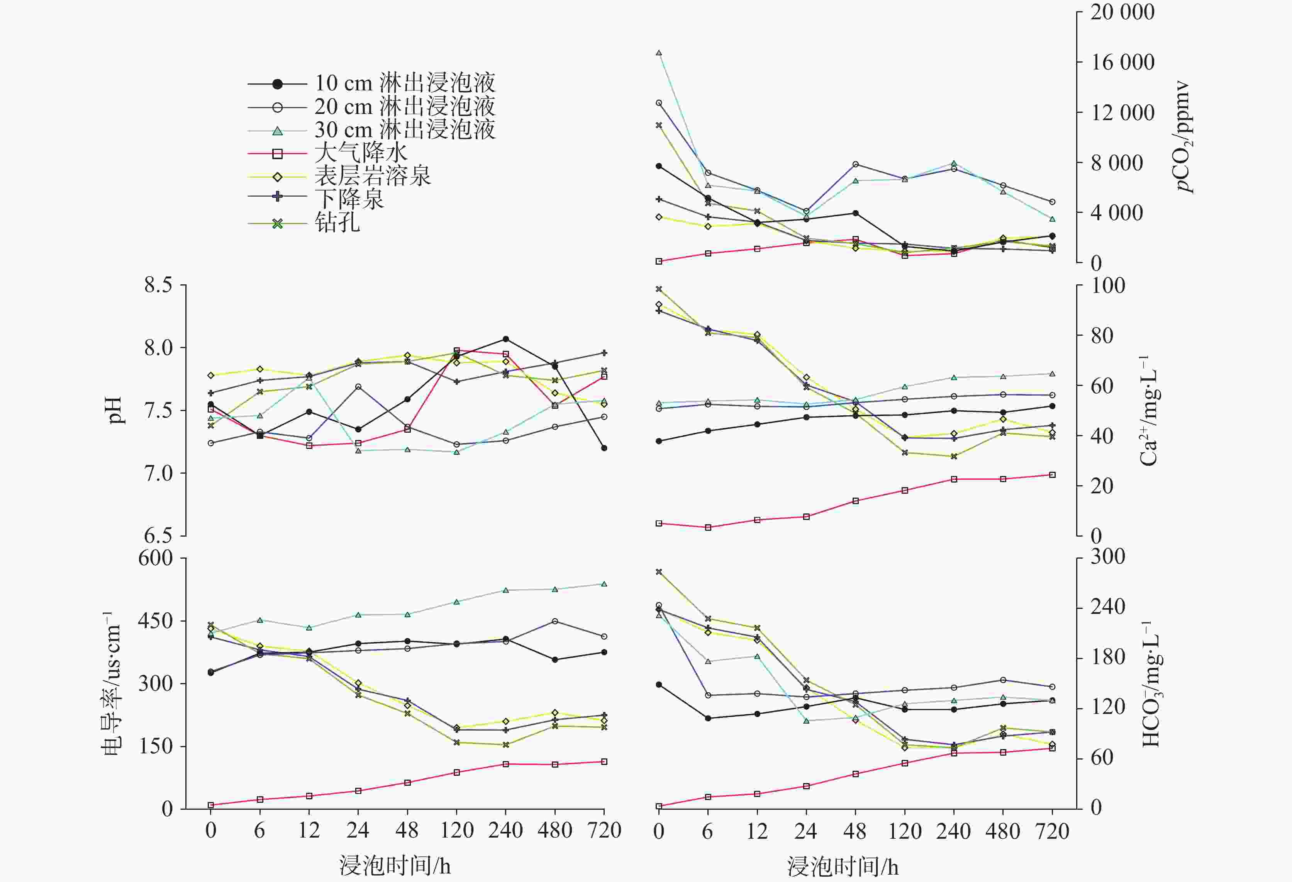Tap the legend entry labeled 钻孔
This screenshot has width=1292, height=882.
(x=337, y=223)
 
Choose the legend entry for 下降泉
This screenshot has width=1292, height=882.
(x=349, y=199)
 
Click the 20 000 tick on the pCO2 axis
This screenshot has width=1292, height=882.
(x=1122, y=12)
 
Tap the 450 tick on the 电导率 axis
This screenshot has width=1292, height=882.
(x=156, y=620)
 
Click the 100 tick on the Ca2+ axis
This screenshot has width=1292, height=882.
(x=1107, y=286)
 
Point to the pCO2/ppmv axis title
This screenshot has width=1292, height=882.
(x=1184, y=137)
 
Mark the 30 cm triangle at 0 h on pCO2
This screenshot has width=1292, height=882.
(x=659, y=53)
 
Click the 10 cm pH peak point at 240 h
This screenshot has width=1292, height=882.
(x=506, y=339)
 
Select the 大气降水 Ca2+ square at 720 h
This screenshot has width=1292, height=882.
(x=1052, y=475)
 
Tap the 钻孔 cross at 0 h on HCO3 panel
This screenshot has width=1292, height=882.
(x=659, y=572)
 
